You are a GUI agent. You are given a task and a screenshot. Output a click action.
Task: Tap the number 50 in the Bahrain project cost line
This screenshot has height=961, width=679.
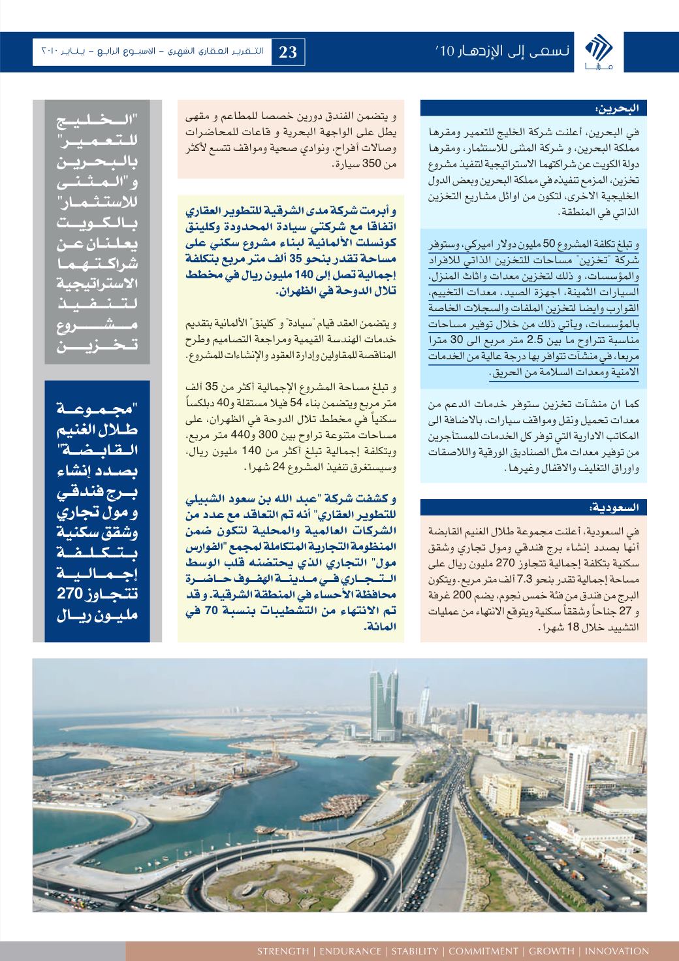click(x=550, y=242)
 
